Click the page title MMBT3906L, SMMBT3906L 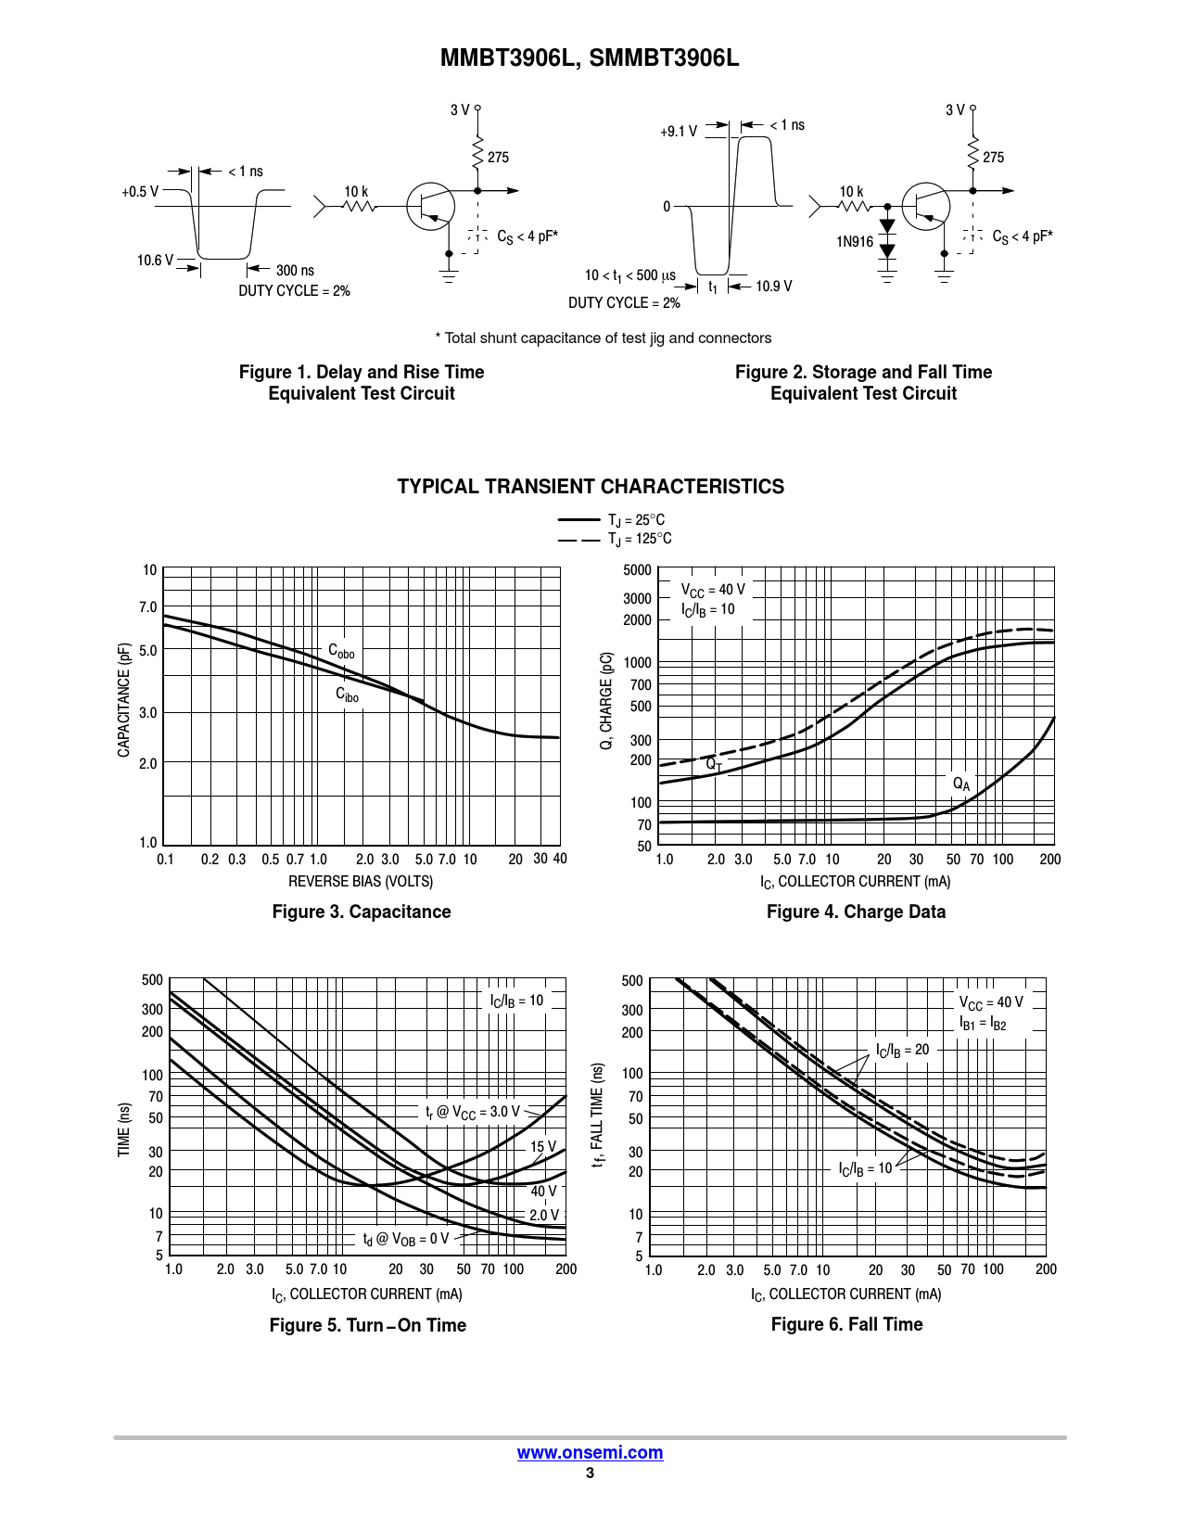click(590, 58)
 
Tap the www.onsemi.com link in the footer click(590, 1452)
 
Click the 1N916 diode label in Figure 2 click(855, 242)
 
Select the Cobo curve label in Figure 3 click(341, 651)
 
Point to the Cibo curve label click(347, 695)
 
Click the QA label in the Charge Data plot click(961, 784)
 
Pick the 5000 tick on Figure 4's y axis click(637, 570)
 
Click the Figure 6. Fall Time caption click(846, 1324)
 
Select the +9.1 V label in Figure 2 click(678, 132)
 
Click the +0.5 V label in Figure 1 click(139, 192)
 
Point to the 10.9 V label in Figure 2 click(773, 287)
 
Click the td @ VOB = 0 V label click(405, 1239)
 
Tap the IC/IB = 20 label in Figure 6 click(902, 1050)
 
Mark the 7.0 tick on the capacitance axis click(148, 607)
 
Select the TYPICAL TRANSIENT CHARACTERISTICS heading click(591, 487)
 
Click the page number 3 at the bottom click(590, 1473)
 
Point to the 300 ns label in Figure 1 click(295, 271)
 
